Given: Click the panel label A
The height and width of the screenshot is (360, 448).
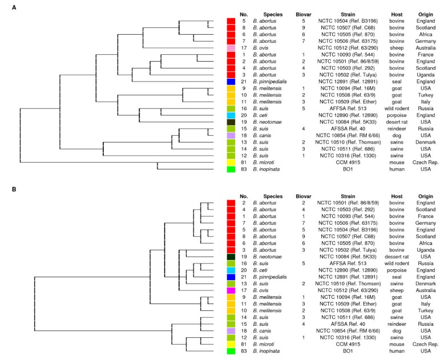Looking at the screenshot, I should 6,7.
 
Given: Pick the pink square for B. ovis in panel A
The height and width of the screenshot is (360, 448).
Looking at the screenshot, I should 231,48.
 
